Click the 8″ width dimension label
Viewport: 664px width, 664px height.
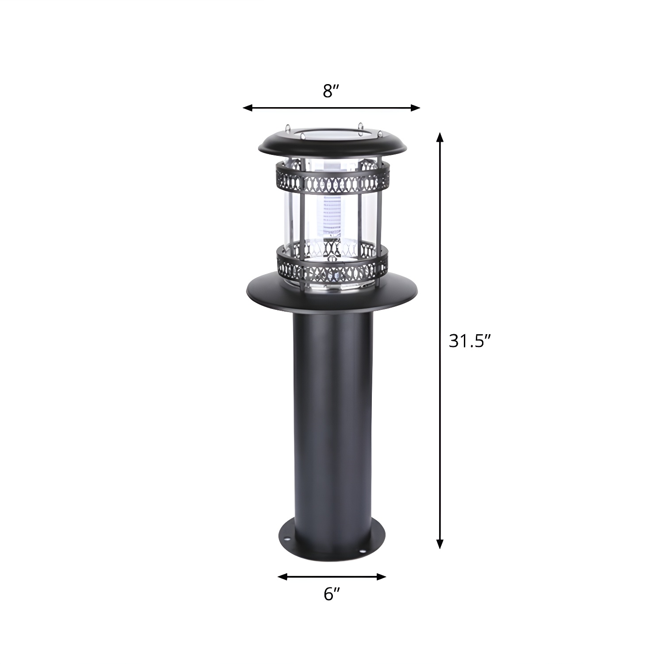pyautogui.click(x=331, y=91)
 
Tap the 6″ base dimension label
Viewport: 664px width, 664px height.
pyautogui.click(x=332, y=595)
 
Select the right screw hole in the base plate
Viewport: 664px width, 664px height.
pyautogui.click(x=363, y=552)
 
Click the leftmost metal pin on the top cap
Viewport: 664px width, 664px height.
pyautogui.click(x=288, y=128)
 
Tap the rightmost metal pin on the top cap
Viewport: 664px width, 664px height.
pyautogui.click(x=379, y=133)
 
